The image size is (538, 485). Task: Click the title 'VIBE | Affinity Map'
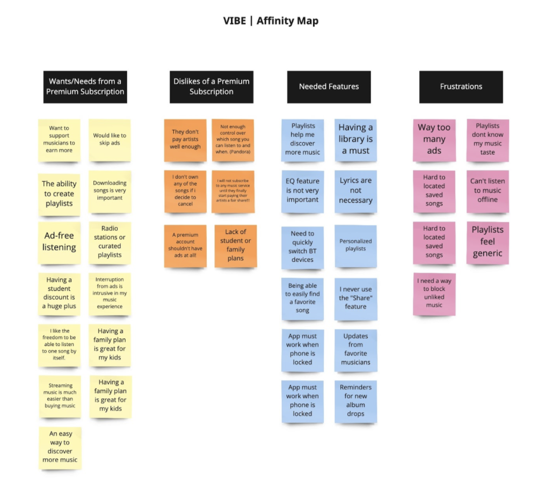point(271,21)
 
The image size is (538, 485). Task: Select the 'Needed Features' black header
point(329,86)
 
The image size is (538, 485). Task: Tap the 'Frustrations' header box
point(461,86)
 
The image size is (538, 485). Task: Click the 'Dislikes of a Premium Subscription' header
point(211,86)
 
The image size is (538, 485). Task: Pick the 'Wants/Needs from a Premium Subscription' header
point(85,86)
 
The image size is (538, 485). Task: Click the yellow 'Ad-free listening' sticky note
point(59,242)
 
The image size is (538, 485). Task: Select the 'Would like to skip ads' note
point(110,139)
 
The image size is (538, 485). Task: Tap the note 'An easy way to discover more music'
point(60,447)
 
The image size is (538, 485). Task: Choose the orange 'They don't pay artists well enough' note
point(185,139)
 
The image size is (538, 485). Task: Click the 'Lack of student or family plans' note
point(235,245)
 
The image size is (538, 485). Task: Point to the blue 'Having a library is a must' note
point(355,139)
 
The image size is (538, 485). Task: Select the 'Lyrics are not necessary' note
point(355,190)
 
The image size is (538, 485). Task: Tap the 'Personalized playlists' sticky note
point(355,245)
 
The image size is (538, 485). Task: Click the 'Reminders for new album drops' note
point(355,400)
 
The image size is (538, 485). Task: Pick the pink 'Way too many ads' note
point(434,139)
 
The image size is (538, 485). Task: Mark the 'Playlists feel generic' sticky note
point(488,242)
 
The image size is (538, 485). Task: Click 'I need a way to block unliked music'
point(434,293)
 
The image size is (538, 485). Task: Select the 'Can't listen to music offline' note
point(488,190)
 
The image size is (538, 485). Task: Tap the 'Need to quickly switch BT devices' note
point(302,247)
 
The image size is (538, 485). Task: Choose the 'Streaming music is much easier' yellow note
point(60,396)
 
